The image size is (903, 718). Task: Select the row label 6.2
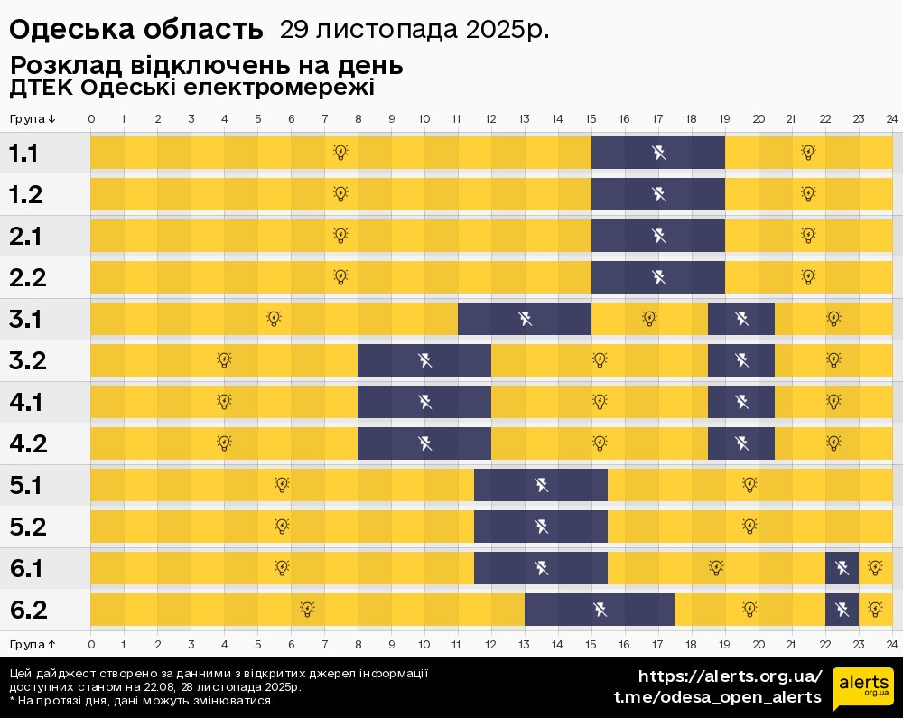coord(27,611)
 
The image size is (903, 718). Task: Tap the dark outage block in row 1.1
coord(657,153)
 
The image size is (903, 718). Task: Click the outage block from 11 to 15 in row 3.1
coord(524,319)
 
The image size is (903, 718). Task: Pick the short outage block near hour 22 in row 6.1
coord(842,568)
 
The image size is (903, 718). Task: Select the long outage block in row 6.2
coord(599,610)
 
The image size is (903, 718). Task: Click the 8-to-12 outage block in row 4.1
coord(424,402)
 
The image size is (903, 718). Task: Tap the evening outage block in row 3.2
coord(741,360)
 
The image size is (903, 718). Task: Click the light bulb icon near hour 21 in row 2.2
coord(808,276)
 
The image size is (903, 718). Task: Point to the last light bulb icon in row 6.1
coord(874,567)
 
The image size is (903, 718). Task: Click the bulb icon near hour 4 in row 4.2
coord(224,443)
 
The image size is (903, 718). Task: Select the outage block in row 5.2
coord(541,526)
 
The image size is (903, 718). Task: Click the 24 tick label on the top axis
coord(891,119)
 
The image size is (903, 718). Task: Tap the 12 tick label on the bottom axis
coord(490,644)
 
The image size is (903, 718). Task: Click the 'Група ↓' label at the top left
coord(33,119)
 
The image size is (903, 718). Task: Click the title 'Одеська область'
coord(135,30)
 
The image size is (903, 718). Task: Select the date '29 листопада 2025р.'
coord(414,30)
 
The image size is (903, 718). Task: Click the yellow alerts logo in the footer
coord(862,690)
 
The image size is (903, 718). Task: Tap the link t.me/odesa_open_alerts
coord(718,696)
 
